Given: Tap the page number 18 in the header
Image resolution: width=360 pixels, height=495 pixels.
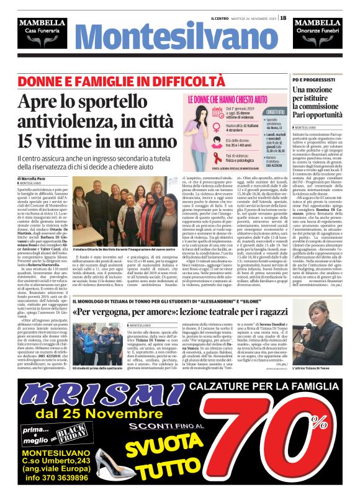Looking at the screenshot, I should (283, 17).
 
